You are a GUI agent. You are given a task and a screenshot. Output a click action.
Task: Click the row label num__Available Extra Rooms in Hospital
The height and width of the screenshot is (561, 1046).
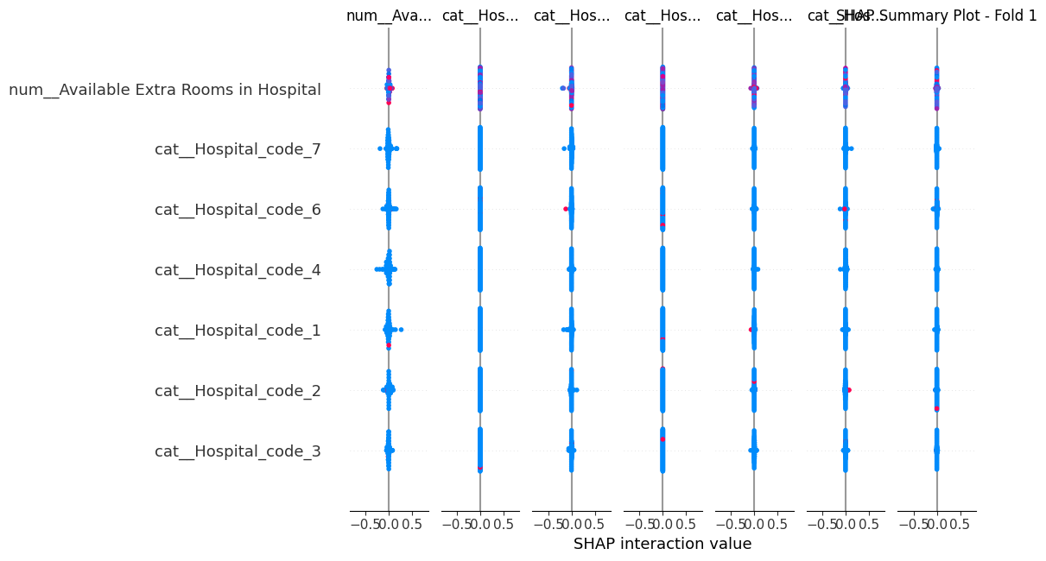coord(165,89)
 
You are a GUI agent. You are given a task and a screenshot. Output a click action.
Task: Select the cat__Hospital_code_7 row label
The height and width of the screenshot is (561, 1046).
coord(238,149)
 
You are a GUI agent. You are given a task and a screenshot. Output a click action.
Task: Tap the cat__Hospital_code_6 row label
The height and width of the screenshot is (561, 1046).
coord(238,210)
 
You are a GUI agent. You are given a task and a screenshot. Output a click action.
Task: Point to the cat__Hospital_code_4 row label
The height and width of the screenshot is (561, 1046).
coord(238,270)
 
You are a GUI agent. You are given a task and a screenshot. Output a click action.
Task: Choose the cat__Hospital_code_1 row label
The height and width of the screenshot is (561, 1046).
coord(238,331)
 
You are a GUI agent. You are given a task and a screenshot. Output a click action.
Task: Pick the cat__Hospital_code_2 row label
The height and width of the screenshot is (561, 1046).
coord(238,391)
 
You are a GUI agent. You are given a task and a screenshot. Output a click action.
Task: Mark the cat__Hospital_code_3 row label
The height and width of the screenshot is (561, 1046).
coord(238,451)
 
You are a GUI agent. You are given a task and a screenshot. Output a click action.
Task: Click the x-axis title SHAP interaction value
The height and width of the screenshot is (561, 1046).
coord(662,544)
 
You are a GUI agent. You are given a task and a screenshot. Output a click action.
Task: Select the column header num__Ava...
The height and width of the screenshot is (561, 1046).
coord(388,16)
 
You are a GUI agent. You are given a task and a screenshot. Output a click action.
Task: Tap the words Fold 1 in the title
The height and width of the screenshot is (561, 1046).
coord(1015,16)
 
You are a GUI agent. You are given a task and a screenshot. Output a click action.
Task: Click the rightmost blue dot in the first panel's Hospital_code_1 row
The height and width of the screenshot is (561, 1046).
coord(401,330)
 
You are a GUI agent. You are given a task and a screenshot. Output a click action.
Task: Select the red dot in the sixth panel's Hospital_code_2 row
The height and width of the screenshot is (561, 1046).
coord(850,390)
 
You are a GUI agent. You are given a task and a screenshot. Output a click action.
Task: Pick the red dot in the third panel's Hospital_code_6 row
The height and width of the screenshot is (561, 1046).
coord(566,209)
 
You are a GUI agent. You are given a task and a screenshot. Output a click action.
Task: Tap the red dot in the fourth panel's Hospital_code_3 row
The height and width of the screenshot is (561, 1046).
coord(662,439)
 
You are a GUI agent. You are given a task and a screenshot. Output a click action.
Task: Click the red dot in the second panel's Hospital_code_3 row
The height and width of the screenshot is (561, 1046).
coord(479,469)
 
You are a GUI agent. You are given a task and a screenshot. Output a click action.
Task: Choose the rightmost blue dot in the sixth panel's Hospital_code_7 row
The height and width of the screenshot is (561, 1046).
coord(851,148)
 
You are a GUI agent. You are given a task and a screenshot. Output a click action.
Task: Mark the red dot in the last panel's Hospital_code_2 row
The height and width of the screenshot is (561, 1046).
coord(936,408)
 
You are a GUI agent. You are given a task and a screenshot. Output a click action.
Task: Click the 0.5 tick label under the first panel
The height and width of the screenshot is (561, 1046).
coord(413,524)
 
